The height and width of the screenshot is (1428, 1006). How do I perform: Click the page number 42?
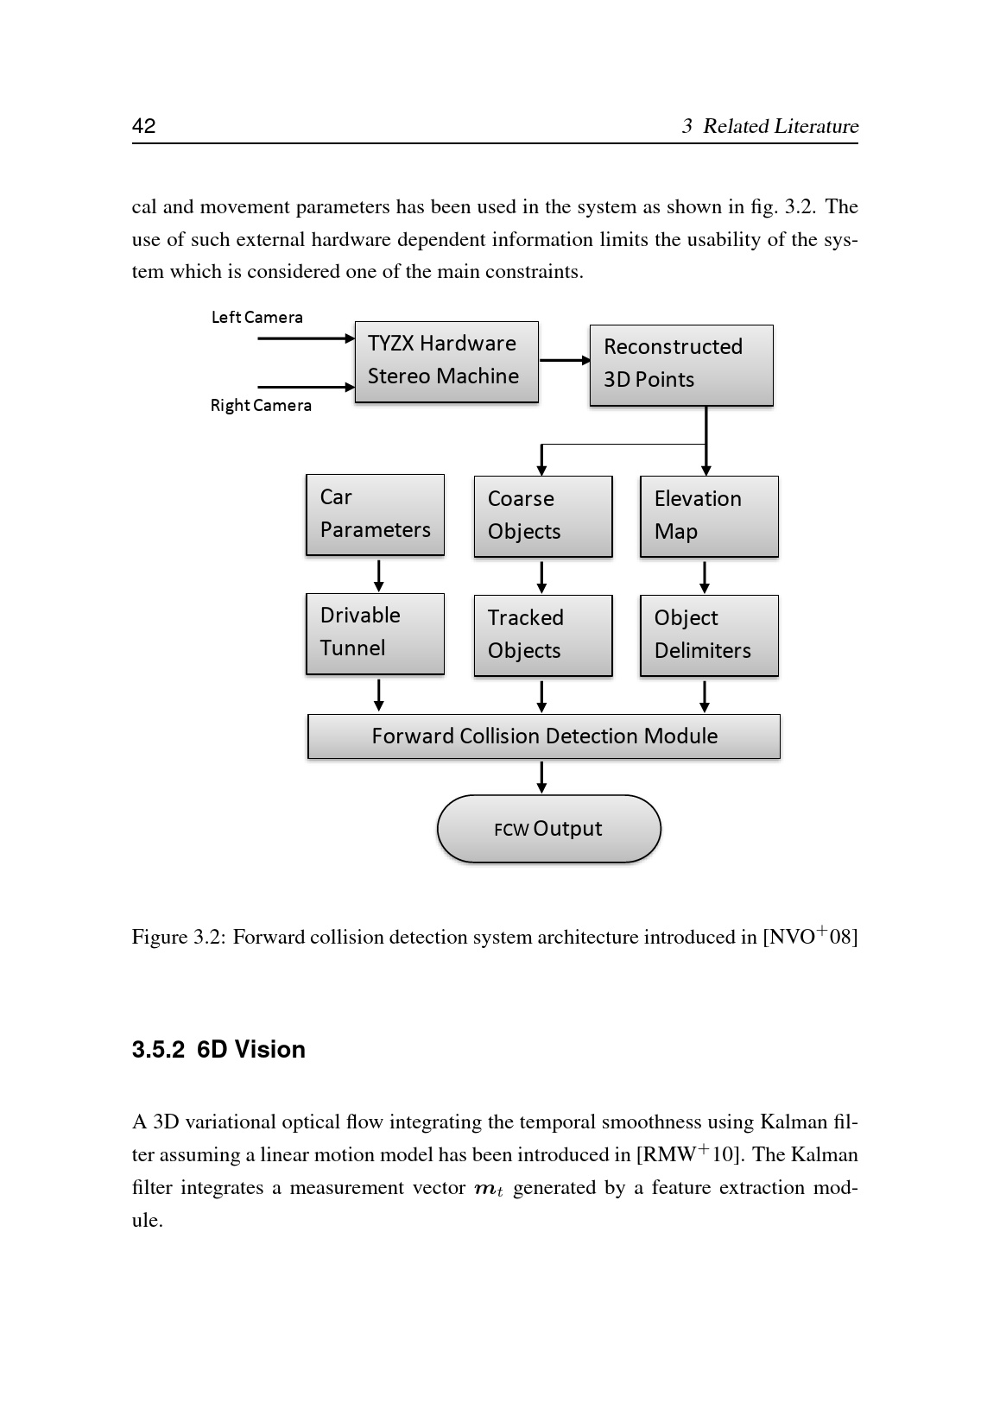[x=143, y=126]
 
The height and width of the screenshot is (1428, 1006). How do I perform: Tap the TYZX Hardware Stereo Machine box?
[x=446, y=361]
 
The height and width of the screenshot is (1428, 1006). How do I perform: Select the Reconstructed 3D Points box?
[x=680, y=364]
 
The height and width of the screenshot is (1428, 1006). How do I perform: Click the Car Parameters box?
[x=375, y=514]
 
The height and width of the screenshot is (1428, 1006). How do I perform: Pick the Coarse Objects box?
[x=542, y=515]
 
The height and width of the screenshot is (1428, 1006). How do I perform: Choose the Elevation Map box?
[x=708, y=515]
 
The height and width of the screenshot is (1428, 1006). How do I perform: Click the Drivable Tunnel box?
[x=375, y=633]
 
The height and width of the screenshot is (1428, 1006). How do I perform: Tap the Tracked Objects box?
[x=542, y=635]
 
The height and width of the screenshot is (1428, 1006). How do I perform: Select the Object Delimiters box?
[x=708, y=635]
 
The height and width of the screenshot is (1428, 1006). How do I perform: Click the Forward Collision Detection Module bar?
[x=544, y=736]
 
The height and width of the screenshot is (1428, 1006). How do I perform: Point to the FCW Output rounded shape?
[x=548, y=829]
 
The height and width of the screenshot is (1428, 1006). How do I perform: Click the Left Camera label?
[x=257, y=318]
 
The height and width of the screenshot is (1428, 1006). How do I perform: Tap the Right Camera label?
[x=261, y=406]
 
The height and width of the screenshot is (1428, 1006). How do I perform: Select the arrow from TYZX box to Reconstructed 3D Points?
[x=564, y=361]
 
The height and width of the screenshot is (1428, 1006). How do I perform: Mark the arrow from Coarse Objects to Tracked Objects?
[x=541, y=576]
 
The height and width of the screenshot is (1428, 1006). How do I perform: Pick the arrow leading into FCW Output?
[x=541, y=776]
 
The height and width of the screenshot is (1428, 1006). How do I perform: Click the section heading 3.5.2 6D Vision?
[x=218, y=1050]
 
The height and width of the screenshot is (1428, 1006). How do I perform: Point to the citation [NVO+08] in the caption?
[x=809, y=937]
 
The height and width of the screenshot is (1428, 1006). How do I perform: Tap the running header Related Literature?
[x=780, y=126]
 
